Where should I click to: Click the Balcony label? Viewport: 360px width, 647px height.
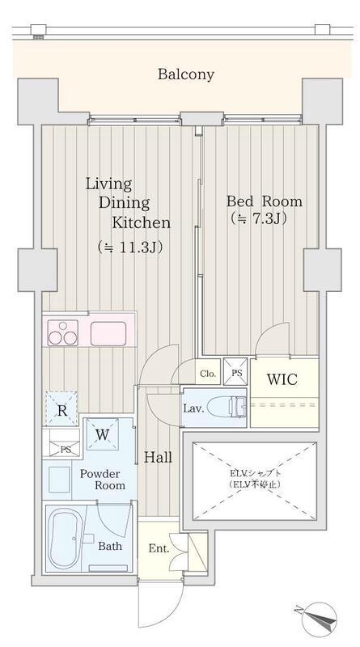[186, 74]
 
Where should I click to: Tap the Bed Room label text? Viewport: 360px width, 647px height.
[265, 201]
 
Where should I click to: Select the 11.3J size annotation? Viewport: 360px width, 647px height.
[129, 247]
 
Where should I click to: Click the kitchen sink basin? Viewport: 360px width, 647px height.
[108, 333]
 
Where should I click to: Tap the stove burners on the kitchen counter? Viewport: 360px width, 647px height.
[63, 332]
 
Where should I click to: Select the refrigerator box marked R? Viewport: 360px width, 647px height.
[61, 409]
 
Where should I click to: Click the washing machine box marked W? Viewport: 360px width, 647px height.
[103, 434]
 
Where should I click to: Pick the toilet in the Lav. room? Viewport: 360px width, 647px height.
[227, 408]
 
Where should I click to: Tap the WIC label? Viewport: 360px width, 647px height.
[282, 379]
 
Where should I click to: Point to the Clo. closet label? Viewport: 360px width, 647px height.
[208, 374]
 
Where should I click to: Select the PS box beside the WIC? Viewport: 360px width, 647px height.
[235, 371]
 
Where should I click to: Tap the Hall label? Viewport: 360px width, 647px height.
[158, 457]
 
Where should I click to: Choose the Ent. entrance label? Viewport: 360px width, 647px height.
[159, 549]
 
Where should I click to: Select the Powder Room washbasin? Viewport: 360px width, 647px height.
[59, 480]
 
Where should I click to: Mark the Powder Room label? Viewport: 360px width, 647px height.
[103, 479]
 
